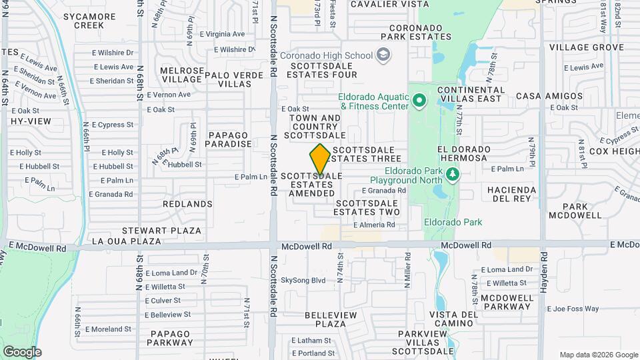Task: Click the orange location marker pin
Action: tap(320, 159)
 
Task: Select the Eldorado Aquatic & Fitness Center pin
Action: tap(419, 101)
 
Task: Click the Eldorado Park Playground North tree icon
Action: tap(453, 175)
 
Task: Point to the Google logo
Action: tap(22, 351)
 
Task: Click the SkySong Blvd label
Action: tap(303, 281)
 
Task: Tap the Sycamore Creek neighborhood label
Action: tap(80, 21)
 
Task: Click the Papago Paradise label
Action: tap(229, 139)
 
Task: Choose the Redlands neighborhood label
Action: tap(187, 204)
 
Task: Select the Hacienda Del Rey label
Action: tap(512, 194)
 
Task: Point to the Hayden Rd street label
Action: tap(544, 274)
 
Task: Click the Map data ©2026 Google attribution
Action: tap(598, 355)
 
